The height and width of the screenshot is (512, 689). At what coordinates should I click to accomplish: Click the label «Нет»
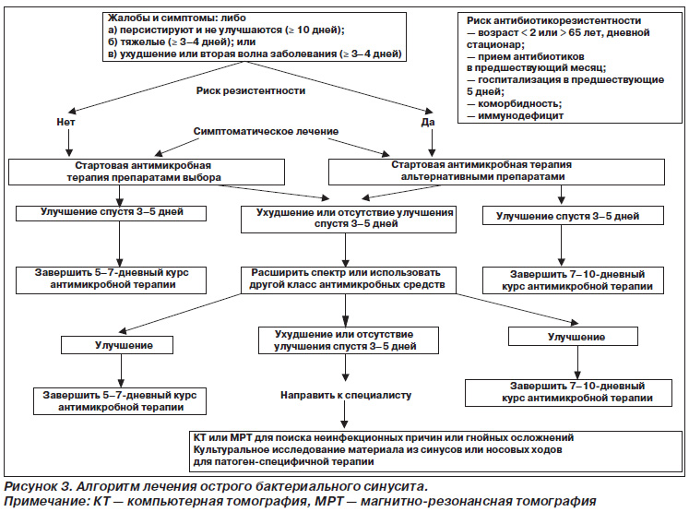tap(65, 122)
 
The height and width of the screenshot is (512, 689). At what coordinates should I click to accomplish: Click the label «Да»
tap(428, 122)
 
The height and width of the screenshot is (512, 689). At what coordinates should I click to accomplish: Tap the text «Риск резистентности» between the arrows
tap(251, 91)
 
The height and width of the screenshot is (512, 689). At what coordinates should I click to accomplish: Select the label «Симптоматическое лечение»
tap(266, 131)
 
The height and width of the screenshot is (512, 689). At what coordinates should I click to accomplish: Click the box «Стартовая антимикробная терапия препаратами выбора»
tap(147, 172)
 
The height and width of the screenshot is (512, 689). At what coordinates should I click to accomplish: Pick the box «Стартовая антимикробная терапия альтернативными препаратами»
tap(496, 172)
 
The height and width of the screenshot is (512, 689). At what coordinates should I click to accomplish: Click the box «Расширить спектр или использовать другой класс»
tap(348, 280)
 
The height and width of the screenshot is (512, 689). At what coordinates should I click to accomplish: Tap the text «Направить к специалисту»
tap(346, 395)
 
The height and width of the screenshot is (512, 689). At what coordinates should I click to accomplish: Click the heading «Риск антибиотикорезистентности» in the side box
tap(553, 20)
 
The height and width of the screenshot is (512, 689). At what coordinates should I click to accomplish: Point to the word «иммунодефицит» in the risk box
tap(521, 116)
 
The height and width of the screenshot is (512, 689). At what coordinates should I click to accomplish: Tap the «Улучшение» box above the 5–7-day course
tap(117, 345)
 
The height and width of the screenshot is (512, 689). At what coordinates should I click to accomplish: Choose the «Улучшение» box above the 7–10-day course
tap(573, 337)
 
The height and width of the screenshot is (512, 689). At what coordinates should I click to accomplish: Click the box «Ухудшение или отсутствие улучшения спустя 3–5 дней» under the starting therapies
tap(349, 220)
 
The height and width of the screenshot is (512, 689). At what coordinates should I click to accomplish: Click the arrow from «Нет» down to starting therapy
tap(69, 142)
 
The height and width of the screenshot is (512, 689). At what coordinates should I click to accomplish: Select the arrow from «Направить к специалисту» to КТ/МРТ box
tap(345, 414)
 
